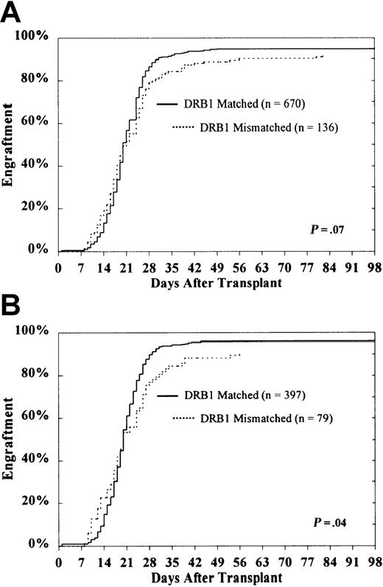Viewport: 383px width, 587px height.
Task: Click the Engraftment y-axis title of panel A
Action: (10, 150)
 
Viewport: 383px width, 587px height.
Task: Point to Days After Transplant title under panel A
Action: (214, 282)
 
